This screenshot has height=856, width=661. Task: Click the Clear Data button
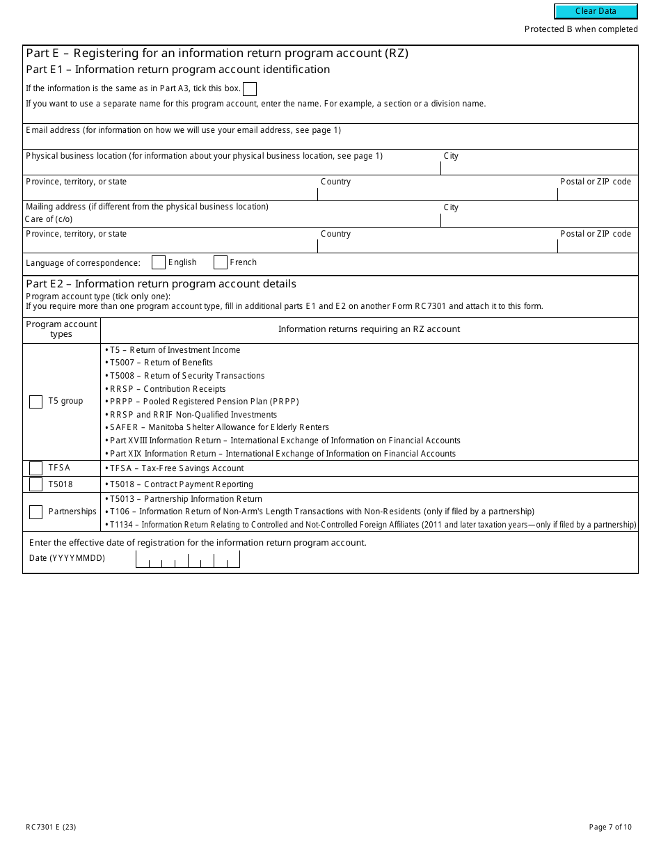(596, 11)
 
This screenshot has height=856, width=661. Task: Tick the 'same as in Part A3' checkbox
(250, 89)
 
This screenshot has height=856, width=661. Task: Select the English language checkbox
(159, 262)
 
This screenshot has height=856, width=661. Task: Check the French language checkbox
(221, 262)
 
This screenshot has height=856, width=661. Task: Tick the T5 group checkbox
(35, 402)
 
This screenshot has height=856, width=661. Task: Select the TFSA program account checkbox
(35, 468)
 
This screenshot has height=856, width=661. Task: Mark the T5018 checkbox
(35, 484)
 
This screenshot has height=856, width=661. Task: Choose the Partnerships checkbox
(35, 512)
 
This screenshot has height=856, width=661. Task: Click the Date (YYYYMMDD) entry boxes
(187, 559)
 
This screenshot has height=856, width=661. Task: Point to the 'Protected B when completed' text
(581, 29)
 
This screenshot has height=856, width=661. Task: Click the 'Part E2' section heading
(161, 284)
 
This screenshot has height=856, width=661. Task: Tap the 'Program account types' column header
(61, 329)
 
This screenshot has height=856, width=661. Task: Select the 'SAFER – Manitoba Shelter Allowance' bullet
(219, 427)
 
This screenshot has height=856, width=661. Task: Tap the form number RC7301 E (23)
(51, 827)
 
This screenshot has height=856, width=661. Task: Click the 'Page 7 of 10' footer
(610, 827)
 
